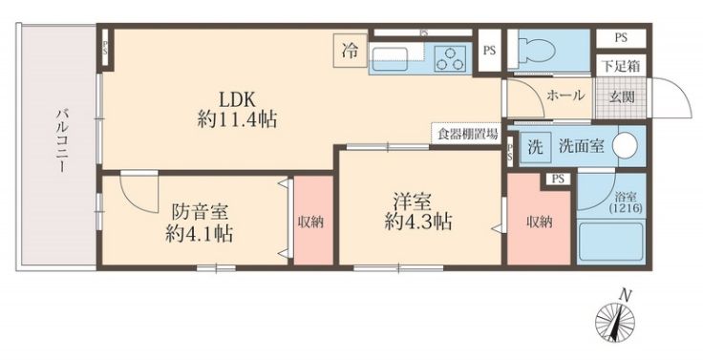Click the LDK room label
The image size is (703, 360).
tap(237, 109)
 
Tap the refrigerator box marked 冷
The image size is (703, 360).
tap(351, 52)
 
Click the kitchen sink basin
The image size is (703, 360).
tap(397, 53)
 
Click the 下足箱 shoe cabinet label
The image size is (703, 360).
tap(621, 66)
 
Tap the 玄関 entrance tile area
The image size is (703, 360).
tap(621, 97)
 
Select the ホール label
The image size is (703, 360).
tap(565, 95)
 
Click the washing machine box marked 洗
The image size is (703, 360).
tap(535, 147)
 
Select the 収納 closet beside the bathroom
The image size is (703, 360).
tap(540, 222)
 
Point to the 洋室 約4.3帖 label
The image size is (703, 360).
tap(417, 211)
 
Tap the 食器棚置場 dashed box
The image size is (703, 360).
tap(467, 134)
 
